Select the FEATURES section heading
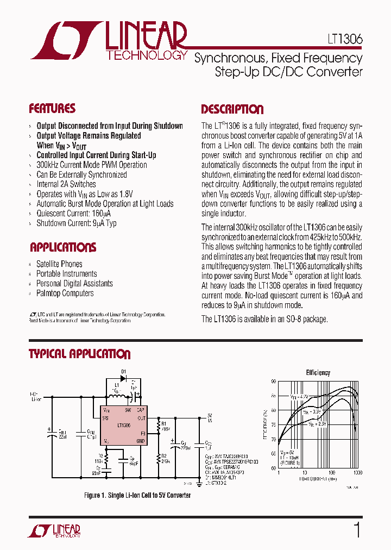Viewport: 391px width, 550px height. tap(52, 108)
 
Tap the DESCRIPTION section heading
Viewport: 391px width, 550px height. tap(232, 109)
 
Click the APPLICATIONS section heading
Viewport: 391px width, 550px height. tap(63, 248)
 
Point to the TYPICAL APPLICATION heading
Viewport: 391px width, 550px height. tap(79, 354)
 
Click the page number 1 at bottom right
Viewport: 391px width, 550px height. tap(357, 530)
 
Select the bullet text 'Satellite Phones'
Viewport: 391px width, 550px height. tap(59, 264)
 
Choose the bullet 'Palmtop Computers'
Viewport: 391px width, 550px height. tap(65, 293)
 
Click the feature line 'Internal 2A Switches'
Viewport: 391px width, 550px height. tap(66, 184)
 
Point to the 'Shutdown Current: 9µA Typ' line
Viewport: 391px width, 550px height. tap(76, 223)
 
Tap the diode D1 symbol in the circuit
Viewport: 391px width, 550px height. tap(123, 379)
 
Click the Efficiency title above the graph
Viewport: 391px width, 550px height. tap(318, 373)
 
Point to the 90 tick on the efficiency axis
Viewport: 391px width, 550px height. tap(274, 381)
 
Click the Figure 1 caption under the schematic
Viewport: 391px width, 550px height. tap(137, 495)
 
